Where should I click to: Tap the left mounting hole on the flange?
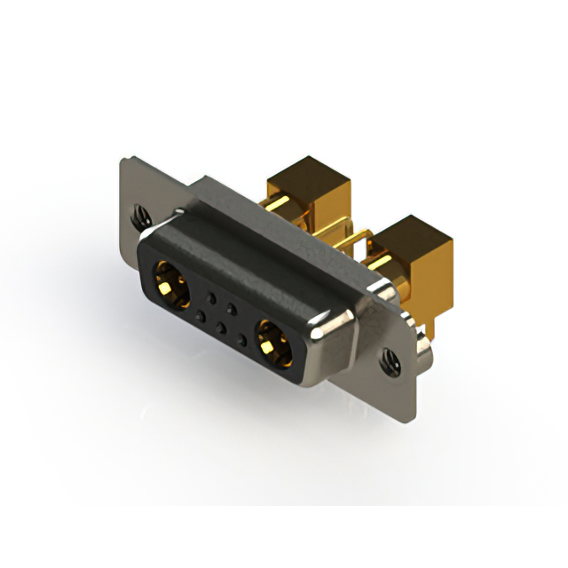pos(138,213)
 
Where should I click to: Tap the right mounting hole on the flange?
pos(389,359)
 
